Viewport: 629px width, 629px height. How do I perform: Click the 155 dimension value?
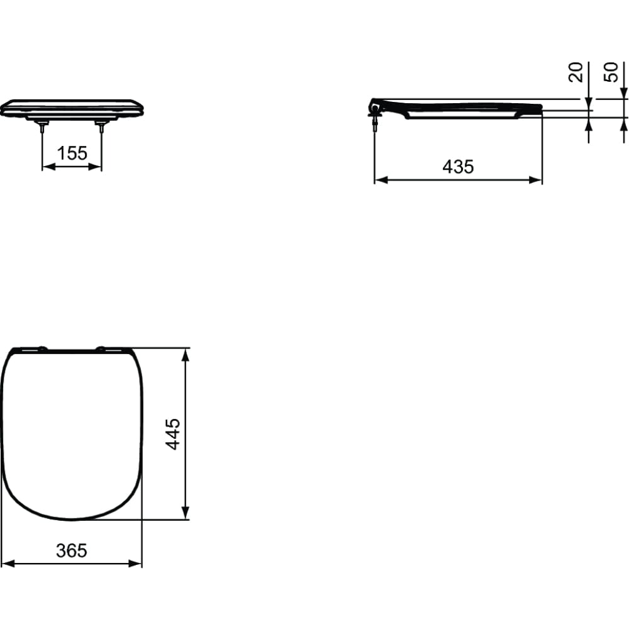click(72, 153)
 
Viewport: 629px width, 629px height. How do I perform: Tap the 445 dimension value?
click(173, 433)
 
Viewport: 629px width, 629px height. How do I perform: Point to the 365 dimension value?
click(72, 550)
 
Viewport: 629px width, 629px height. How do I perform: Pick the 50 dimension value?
click(610, 72)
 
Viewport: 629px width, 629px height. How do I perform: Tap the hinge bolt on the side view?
click(376, 116)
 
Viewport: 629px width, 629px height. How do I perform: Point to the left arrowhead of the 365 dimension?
click(6, 564)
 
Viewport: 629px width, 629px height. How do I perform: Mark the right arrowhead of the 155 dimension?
click(97, 167)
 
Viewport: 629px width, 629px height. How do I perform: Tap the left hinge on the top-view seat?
click(42, 347)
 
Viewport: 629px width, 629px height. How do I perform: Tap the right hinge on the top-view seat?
click(100, 347)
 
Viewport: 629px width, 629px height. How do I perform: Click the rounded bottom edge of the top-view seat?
click(72, 520)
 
